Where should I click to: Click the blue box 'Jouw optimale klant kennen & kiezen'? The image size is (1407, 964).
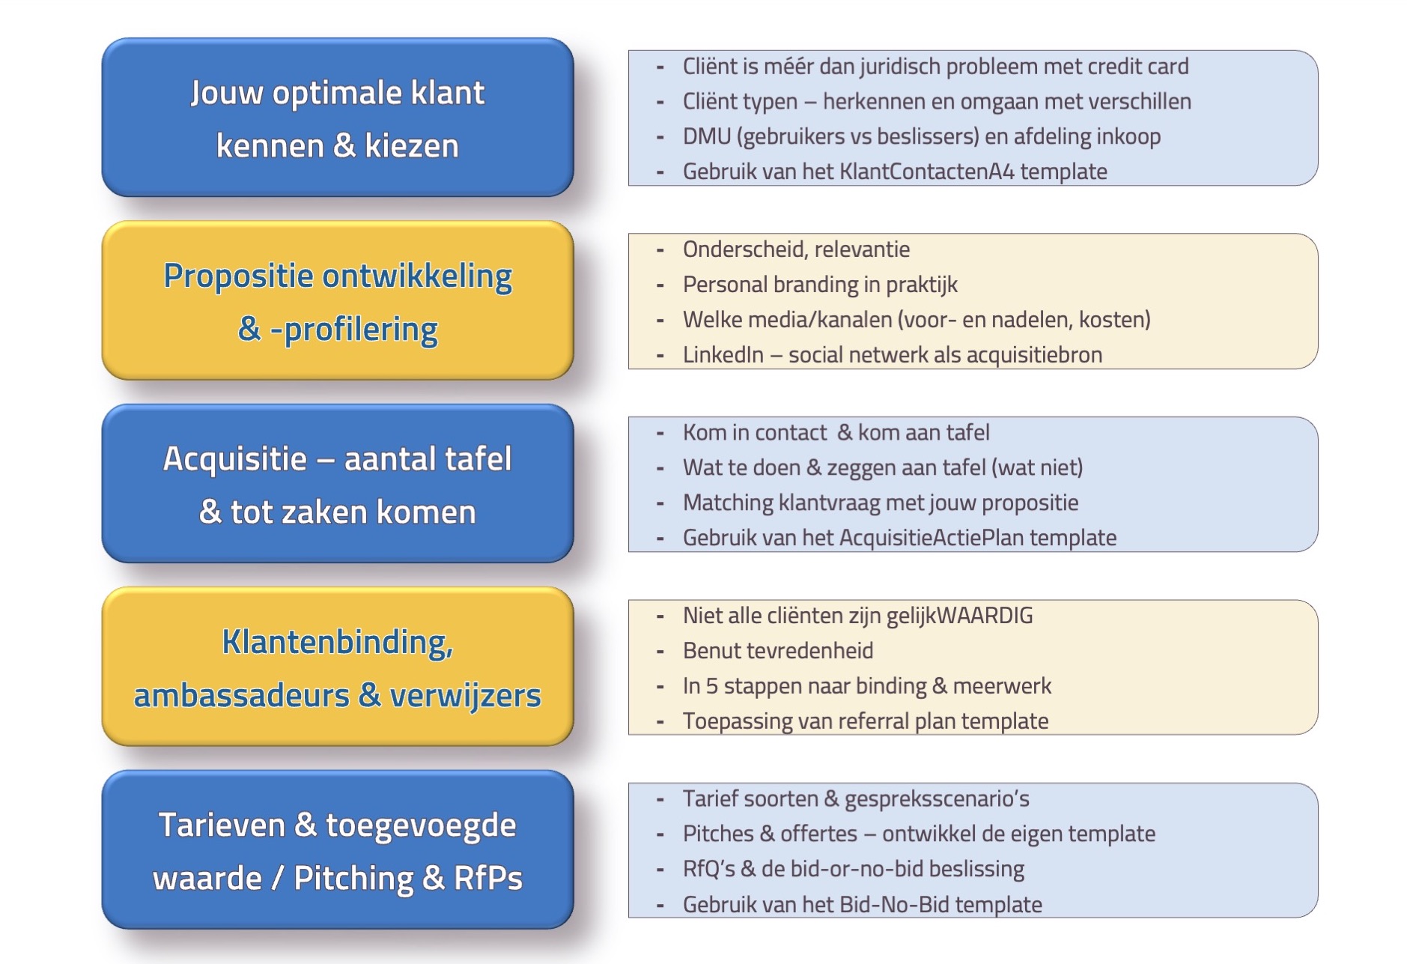coord(338,118)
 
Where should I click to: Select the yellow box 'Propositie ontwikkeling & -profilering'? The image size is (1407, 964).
coord(338,300)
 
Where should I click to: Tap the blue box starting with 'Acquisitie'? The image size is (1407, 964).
coord(338,484)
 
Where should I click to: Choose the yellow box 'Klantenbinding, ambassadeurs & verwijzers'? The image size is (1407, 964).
coord(338,667)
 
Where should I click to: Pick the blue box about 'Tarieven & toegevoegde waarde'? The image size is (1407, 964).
coord(338,850)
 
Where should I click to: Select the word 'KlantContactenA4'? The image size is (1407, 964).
coord(927,172)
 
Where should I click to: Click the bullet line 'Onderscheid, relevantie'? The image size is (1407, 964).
coord(796,249)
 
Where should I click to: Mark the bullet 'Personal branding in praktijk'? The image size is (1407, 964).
coord(820,285)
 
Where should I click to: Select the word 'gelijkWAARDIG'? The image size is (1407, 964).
coord(959,616)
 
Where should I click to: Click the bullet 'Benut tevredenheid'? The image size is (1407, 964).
coord(778,651)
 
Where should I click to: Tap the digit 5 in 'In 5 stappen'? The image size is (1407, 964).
coord(711,686)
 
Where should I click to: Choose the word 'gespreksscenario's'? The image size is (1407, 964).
coord(937,799)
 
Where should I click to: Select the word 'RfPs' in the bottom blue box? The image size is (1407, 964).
coord(487,878)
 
